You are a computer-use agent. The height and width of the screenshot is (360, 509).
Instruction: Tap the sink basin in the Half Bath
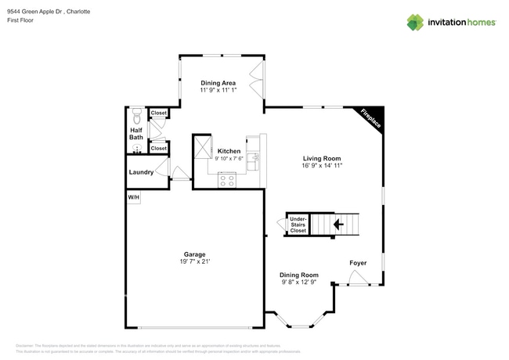[x=136, y=148]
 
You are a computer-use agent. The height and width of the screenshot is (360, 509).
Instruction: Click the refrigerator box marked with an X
[x=203, y=146]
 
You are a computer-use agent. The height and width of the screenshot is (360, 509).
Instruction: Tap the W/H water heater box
[x=134, y=198]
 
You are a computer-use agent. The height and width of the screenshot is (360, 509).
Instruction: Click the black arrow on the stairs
[x=338, y=225]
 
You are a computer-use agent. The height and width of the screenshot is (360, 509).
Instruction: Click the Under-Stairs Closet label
[x=298, y=225]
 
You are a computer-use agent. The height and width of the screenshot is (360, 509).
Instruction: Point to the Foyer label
[x=358, y=263]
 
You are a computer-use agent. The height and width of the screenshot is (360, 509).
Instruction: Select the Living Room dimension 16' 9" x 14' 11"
[x=322, y=166]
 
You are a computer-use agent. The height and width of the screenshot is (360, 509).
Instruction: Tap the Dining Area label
[x=218, y=83]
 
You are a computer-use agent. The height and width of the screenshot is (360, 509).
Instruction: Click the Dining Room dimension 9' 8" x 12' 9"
[x=299, y=283]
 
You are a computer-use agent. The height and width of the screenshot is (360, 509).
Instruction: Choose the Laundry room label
[x=141, y=171]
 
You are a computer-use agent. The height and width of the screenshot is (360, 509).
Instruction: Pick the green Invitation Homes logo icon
[x=415, y=22]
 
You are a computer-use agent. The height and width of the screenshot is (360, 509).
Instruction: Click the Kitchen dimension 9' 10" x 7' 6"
[x=229, y=158]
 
